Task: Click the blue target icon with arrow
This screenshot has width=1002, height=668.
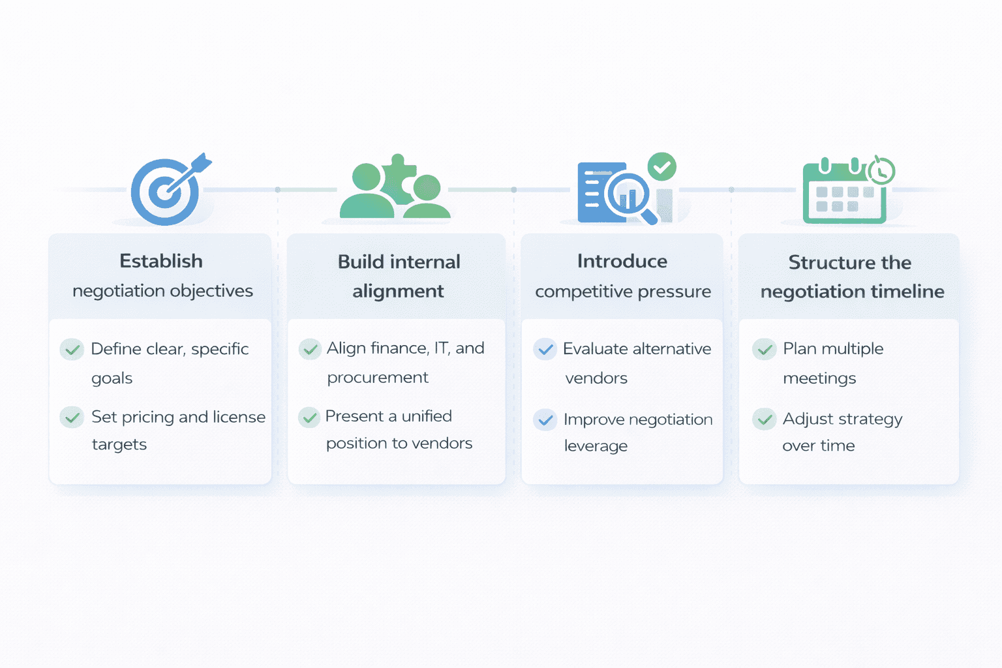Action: coord(166,191)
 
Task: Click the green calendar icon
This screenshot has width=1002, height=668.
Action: coord(843,196)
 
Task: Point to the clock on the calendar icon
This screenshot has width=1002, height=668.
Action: coord(881,171)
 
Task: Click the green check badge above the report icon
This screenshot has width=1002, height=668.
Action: coord(661,167)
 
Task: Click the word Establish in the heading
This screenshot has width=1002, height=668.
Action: coord(161,261)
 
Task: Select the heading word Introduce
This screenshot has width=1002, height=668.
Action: coord(622,261)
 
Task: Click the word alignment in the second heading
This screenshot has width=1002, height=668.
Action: coord(398,291)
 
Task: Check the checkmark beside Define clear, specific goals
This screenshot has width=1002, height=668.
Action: coord(72,350)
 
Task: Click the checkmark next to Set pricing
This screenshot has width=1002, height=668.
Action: coord(72,417)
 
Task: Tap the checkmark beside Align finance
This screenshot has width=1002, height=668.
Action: coord(310,349)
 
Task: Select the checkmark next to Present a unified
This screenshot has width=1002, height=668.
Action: coord(309,417)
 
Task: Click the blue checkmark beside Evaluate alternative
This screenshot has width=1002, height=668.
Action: coord(545,349)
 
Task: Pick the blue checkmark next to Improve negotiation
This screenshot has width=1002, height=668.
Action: coord(545,419)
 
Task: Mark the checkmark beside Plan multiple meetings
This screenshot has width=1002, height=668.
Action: coord(764,349)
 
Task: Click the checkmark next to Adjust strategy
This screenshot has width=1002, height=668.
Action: coord(764,419)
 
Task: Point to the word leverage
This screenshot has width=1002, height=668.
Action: coord(596,446)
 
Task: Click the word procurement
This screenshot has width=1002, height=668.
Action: coord(378,378)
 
